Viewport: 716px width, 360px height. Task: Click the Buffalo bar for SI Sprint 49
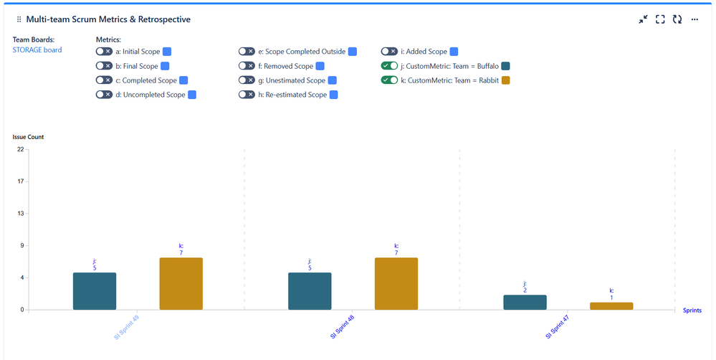pyautogui.click(x=95, y=291)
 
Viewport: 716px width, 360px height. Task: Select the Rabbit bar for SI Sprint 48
pyautogui.click(x=396, y=283)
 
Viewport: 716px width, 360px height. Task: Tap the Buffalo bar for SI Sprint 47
pyautogui.click(x=525, y=303)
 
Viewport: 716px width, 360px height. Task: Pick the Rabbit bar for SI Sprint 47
pyautogui.click(x=611, y=306)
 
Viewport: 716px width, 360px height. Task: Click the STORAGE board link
pyautogui.click(x=37, y=50)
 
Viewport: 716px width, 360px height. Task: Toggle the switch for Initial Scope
pyautogui.click(x=104, y=52)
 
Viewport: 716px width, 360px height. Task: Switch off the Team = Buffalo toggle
pyautogui.click(x=389, y=66)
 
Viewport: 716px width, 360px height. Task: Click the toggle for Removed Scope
pyautogui.click(x=247, y=66)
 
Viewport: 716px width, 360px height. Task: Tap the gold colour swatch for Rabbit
pyautogui.click(x=505, y=80)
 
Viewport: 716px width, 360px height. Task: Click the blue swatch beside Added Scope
pyautogui.click(x=454, y=52)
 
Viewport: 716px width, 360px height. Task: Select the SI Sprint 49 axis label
pyautogui.click(x=127, y=327)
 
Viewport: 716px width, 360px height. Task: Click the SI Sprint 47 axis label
pyautogui.click(x=557, y=327)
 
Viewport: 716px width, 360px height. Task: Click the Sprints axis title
pyautogui.click(x=692, y=311)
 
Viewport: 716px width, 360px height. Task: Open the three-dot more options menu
pyautogui.click(x=694, y=19)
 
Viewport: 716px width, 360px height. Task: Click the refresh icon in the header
pyautogui.click(x=677, y=19)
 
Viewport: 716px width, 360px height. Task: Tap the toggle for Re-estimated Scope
pyautogui.click(x=247, y=95)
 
